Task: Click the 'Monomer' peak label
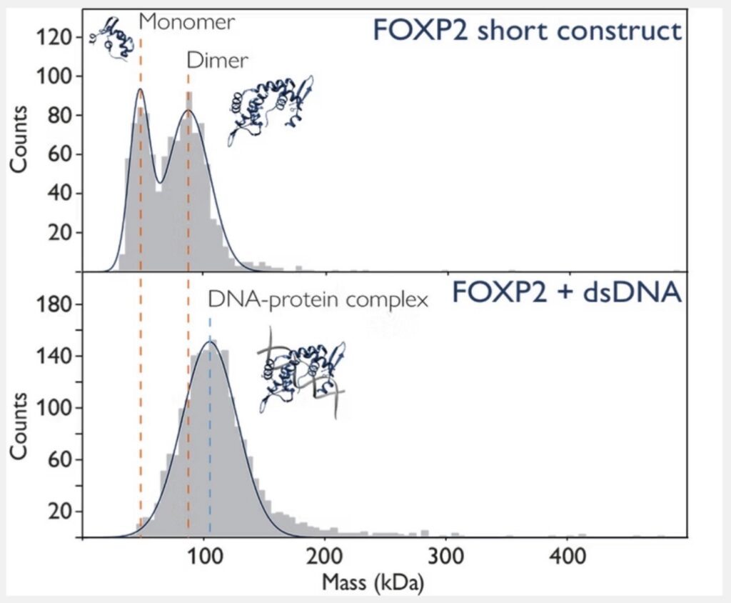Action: coord(186,21)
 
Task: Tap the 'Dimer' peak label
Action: coord(217,61)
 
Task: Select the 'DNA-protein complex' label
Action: coord(318,300)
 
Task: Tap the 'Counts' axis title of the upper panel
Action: coord(21,139)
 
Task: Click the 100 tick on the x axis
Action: coord(205,555)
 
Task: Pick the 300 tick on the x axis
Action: coord(445,555)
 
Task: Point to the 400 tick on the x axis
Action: coord(566,555)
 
